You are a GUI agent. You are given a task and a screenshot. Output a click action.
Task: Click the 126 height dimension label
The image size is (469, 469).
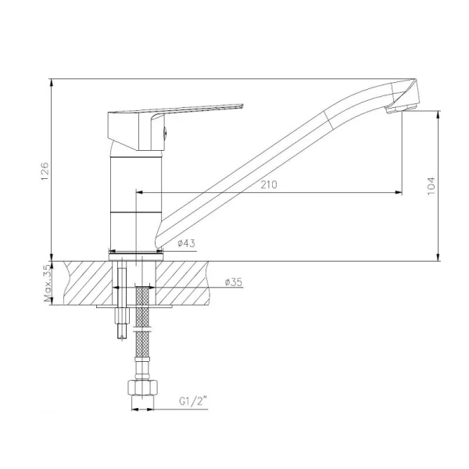click(45, 171)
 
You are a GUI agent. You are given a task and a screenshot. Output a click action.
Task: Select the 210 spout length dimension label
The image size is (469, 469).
click(269, 184)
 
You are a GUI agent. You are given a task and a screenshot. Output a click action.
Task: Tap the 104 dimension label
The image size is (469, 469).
click(431, 186)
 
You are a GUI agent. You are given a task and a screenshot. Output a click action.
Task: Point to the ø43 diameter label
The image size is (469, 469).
click(186, 243)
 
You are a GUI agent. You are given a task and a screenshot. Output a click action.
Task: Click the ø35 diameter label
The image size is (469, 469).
click(233, 282)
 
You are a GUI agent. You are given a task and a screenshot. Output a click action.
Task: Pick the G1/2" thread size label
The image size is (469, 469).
click(193, 401)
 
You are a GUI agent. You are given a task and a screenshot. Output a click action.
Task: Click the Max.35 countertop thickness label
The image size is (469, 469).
click(48, 283)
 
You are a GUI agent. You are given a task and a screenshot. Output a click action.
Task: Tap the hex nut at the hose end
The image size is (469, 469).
click(143, 388)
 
